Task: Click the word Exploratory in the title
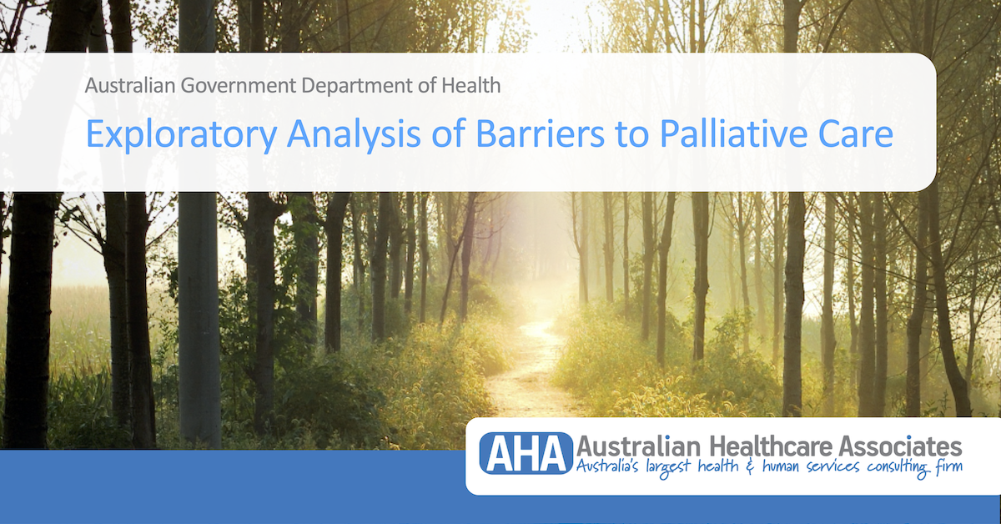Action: point(181,134)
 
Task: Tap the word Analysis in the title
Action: point(354,134)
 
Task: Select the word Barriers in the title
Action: point(541,134)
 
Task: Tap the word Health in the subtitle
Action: point(471,85)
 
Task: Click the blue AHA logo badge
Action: point(526,453)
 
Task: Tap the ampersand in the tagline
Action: point(750,466)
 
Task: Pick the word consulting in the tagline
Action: point(898,467)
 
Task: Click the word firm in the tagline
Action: point(948,466)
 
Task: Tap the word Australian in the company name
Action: point(639,446)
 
